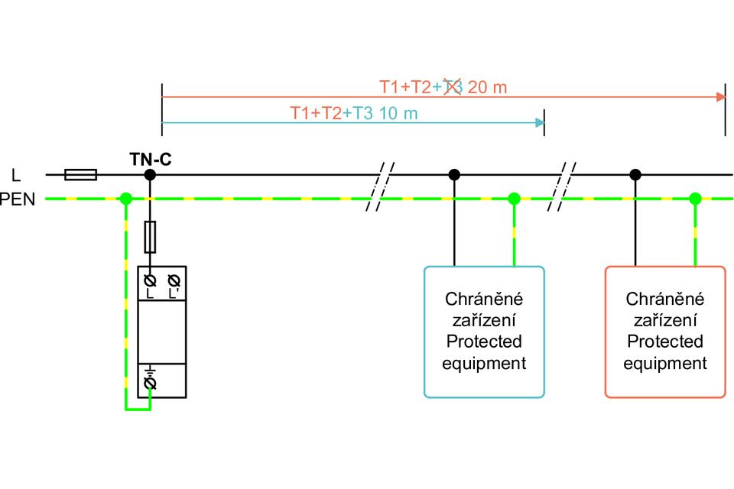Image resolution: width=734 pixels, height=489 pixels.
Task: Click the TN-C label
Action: [150, 160]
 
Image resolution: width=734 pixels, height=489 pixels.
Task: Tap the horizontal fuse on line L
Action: [80, 175]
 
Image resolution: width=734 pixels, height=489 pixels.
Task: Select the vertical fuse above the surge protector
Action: [150, 237]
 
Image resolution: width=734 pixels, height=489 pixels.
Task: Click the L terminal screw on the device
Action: [150, 280]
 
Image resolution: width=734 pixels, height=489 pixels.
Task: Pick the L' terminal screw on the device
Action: [174, 280]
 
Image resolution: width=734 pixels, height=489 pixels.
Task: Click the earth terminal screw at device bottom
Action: [150, 381]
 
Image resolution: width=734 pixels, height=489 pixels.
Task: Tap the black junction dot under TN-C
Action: [150, 175]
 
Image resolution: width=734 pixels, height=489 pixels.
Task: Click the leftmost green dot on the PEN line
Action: [126, 199]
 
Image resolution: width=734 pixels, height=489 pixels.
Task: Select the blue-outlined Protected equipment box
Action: [484, 332]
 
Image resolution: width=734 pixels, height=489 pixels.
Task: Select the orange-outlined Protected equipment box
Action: [664, 332]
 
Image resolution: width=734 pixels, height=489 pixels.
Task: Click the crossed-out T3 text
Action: [452, 87]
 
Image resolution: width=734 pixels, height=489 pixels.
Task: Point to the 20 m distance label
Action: [487, 87]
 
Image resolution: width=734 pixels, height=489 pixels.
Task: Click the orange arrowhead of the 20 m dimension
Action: [720, 97]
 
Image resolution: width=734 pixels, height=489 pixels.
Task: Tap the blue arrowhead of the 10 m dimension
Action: [540, 123]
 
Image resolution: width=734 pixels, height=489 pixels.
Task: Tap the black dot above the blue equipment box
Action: [454, 175]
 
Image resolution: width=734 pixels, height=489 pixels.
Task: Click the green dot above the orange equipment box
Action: [694, 199]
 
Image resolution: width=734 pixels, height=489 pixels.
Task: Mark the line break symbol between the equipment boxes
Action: [566, 187]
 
